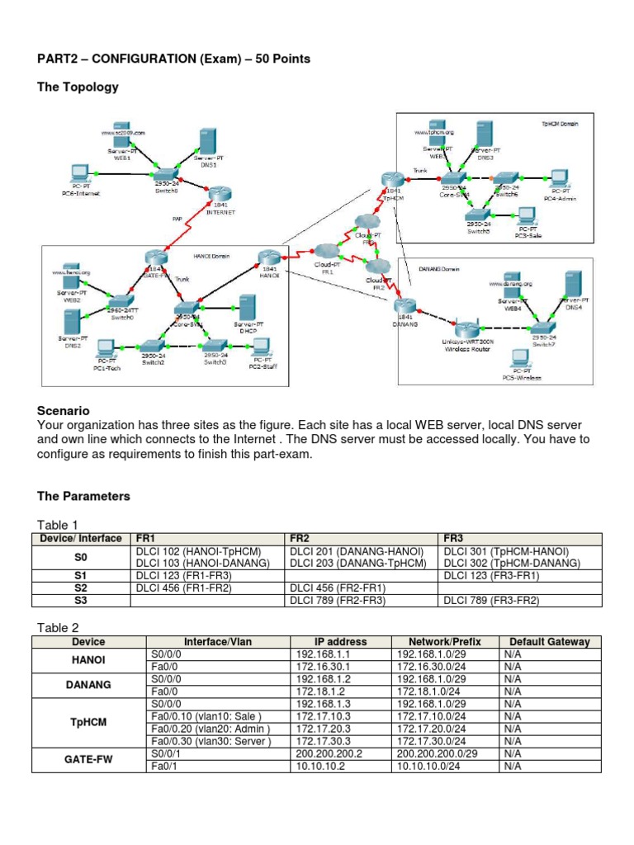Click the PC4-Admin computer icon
tap(559, 178)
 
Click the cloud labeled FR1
tap(326, 252)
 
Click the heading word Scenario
tap(63, 410)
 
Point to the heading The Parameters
tap(83, 496)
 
